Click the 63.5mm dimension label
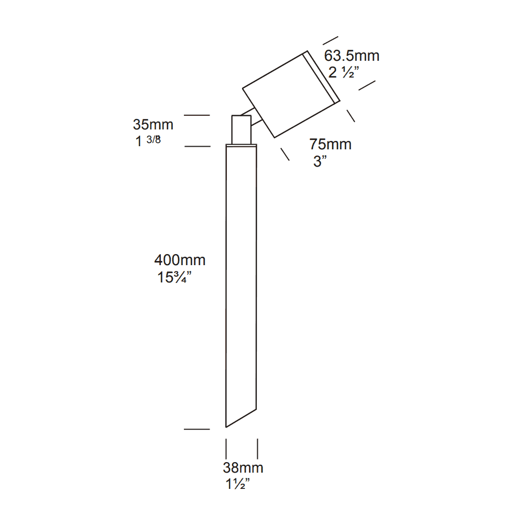click(352, 56)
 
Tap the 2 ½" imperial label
click(343, 73)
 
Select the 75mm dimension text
click(330, 144)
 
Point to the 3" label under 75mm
click(320, 161)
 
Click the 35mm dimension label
click(153, 125)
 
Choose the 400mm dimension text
click(180, 260)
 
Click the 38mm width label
click(243, 468)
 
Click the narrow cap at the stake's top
click(242, 145)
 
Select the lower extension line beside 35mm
click(197, 146)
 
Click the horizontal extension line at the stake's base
click(196, 429)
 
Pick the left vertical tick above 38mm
click(226, 449)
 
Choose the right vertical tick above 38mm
click(257, 449)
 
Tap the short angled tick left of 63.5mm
click(330, 40)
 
